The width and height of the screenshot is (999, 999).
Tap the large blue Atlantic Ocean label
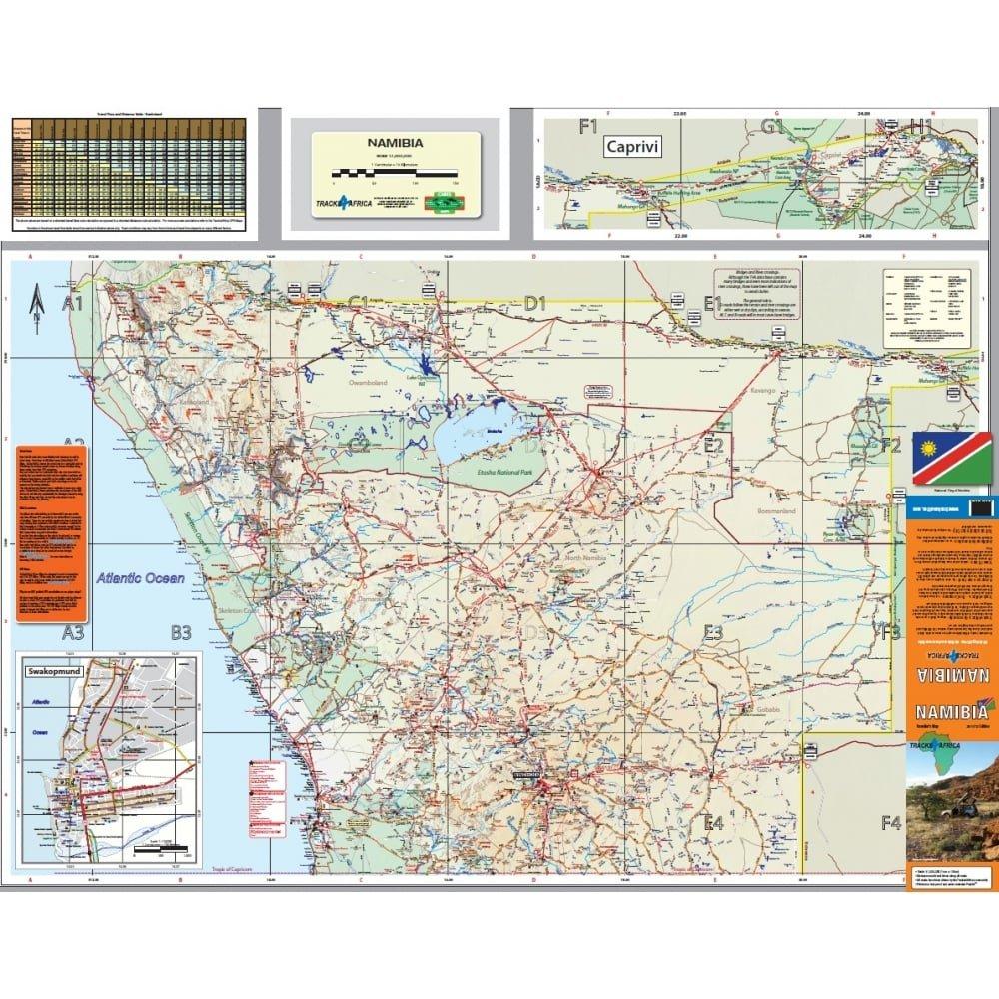pos(142,576)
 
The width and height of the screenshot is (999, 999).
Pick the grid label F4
pos(891,823)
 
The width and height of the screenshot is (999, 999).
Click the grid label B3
pos(180,632)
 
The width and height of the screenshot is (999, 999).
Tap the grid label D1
pos(535,302)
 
